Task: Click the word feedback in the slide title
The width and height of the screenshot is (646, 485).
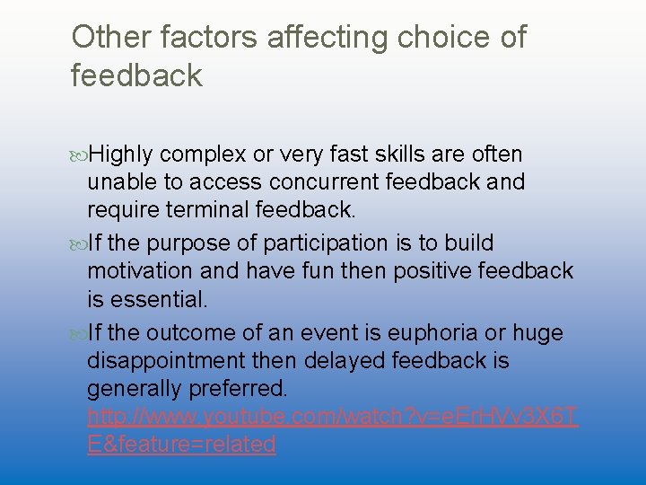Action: pos(136,75)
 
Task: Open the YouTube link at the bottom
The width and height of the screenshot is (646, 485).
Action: pos(332,418)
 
